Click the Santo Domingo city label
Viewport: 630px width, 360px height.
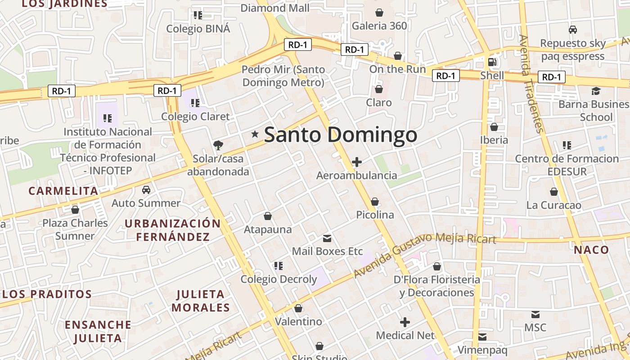[340, 135]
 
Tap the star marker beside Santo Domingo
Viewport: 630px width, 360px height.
[255, 134]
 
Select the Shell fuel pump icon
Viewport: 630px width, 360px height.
[492, 62]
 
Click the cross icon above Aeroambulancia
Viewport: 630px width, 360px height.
[357, 162]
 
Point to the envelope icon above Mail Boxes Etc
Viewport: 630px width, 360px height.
[327, 238]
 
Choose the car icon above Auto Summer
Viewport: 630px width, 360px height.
[146, 190]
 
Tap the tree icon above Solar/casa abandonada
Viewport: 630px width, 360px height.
[218, 145]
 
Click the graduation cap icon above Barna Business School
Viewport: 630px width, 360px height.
[596, 91]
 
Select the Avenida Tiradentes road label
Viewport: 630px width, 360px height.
[532, 83]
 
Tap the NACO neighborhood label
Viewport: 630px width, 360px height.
[591, 250]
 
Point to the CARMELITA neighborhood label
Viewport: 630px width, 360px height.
[63, 191]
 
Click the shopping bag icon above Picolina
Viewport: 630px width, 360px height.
[374, 202]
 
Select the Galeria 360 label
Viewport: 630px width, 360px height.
[379, 26]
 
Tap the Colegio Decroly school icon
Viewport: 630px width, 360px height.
[279, 265]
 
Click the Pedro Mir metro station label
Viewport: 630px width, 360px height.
[283, 76]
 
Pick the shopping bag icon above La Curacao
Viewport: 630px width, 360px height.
[554, 192]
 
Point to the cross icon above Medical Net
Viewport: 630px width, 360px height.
[405, 322]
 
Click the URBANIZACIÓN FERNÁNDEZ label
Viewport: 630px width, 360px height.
[173, 230]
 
